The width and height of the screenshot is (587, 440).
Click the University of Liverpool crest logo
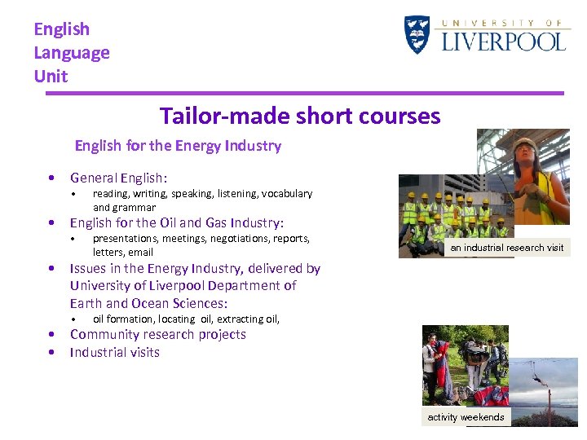pyautogui.click(x=417, y=34)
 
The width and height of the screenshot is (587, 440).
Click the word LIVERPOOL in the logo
pyautogui.click(x=503, y=41)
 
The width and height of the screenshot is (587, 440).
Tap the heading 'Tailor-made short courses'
pyautogui.click(x=300, y=116)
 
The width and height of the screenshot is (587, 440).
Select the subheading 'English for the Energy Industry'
pyautogui.click(x=178, y=146)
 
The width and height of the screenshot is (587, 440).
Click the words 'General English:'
pyautogui.click(x=118, y=178)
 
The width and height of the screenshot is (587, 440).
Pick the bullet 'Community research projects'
pyautogui.click(x=157, y=334)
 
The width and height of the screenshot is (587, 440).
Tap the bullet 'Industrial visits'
pyautogui.click(x=114, y=352)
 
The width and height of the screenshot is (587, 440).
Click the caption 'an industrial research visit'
pyautogui.click(x=506, y=248)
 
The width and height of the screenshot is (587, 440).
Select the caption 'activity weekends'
pyautogui.click(x=466, y=417)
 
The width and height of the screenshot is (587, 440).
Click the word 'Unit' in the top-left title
pyautogui.click(x=51, y=77)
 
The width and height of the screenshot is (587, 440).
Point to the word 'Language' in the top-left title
pyautogui.click(x=72, y=53)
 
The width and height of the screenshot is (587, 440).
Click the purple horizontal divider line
pyautogui.click(x=304, y=94)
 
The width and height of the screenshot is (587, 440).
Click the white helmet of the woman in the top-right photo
pyautogui.click(x=525, y=144)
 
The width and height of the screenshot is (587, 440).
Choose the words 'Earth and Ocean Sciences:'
pyautogui.click(x=148, y=303)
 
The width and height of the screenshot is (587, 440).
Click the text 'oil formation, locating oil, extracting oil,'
pyautogui.click(x=186, y=319)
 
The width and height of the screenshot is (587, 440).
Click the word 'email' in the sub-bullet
pyautogui.click(x=140, y=253)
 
